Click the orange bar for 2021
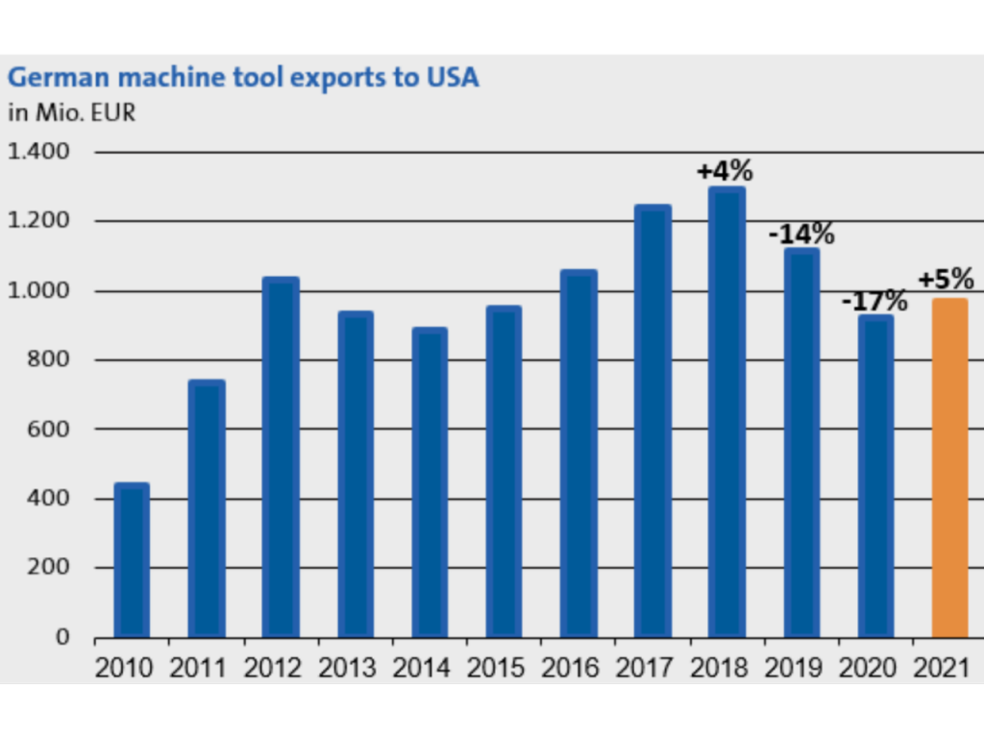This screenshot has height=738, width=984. pyautogui.click(x=949, y=468)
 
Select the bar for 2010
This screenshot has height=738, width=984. pyautogui.click(x=132, y=560)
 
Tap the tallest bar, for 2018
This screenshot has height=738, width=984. pyautogui.click(x=726, y=412)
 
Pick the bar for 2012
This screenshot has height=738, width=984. pyautogui.click(x=281, y=457)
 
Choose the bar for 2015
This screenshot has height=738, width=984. pyautogui.click(x=504, y=472)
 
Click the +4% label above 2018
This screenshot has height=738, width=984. pyautogui.click(x=725, y=171)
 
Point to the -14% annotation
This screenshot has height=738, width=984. pyautogui.click(x=800, y=234)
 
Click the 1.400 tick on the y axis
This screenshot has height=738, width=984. pyautogui.click(x=40, y=152)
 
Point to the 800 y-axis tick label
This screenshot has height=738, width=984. pyautogui.click(x=52, y=360)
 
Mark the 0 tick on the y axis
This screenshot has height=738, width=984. pyautogui.click(x=64, y=637)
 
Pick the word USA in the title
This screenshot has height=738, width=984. pyautogui.click(x=451, y=78)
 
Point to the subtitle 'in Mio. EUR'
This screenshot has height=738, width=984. pyautogui.click(x=72, y=112)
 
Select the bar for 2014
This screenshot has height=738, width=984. pyautogui.click(x=430, y=482)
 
